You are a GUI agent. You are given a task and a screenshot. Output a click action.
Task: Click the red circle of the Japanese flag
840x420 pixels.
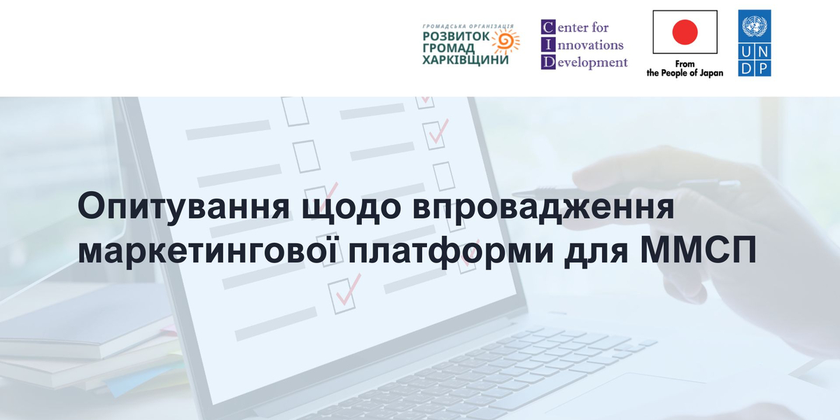click(x=685, y=32)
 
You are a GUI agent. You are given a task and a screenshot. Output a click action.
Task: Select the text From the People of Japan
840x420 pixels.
click(x=685, y=69)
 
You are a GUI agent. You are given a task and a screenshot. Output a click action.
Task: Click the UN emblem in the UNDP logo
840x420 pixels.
click(x=755, y=27)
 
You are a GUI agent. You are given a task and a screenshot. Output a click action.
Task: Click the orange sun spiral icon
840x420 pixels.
click(x=503, y=42)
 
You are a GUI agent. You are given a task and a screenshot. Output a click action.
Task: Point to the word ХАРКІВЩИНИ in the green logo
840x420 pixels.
click(x=465, y=60)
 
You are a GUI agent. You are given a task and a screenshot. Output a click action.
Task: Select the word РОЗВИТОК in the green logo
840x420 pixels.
click(x=456, y=36)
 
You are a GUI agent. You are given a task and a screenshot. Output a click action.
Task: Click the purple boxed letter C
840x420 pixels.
click(x=547, y=27)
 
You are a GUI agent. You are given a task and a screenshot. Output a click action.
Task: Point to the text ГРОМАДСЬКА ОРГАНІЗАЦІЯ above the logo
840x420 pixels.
click(x=468, y=25)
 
